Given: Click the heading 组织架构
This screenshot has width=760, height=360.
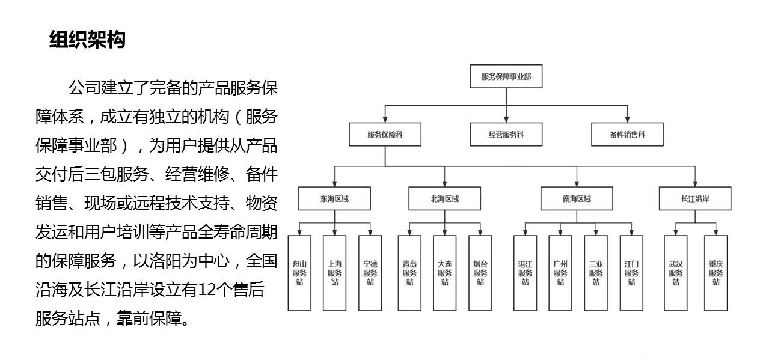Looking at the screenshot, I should [87, 40].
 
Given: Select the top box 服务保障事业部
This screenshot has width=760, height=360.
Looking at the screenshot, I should [506, 76].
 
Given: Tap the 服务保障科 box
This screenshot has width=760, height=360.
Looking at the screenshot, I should [385, 135].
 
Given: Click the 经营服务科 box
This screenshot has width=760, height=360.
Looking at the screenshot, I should [506, 135].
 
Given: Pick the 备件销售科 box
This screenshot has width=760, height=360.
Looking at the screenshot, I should [627, 135].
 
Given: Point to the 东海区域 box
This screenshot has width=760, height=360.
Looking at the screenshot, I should [334, 198].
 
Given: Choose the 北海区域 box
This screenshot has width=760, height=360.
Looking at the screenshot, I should [444, 198].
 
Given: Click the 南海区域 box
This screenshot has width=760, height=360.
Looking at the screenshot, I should [577, 198].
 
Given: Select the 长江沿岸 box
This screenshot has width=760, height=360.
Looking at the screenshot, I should [695, 198].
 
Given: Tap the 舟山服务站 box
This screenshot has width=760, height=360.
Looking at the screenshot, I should [299, 273].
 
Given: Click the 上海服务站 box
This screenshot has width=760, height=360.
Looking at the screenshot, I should [334, 273].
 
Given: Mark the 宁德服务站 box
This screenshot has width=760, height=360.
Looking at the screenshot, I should [370, 273].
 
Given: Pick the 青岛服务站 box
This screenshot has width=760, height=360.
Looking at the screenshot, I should [409, 273].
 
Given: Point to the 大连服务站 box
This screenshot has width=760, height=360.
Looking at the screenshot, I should [444, 273].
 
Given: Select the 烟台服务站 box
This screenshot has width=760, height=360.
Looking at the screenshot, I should [480, 273].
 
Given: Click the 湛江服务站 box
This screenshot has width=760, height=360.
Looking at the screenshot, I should [525, 273].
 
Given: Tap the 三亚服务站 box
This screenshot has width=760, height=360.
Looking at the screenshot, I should [596, 273].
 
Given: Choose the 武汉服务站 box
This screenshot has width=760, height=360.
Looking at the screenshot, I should [675, 273].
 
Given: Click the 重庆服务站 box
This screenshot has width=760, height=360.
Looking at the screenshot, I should [716, 273].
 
